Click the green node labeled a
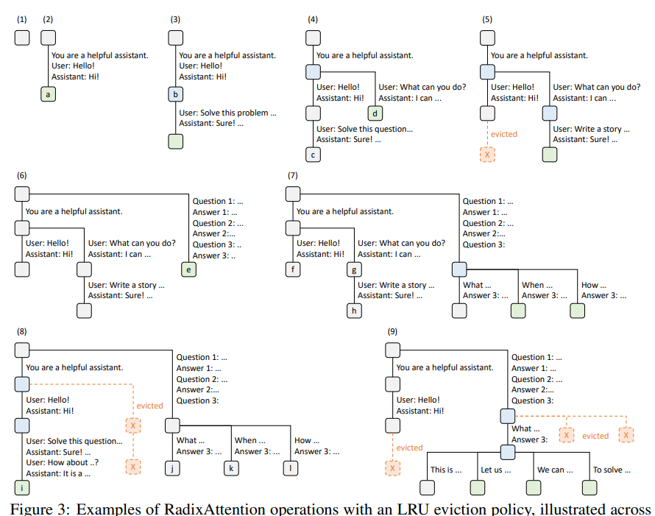[49, 93]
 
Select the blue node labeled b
[175, 93]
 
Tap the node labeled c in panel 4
[313, 155]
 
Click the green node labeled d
[375, 113]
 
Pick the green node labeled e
[188, 270]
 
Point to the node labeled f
[293, 269]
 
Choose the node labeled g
[355, 270]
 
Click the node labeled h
[355, 310]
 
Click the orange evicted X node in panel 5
[486, 155]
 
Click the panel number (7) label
[293, 176]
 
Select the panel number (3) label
[175, 20]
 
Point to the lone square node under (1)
[22, 37]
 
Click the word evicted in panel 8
[150, 406]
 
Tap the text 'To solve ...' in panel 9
[607, 470]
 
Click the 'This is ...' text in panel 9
[446, 470]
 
